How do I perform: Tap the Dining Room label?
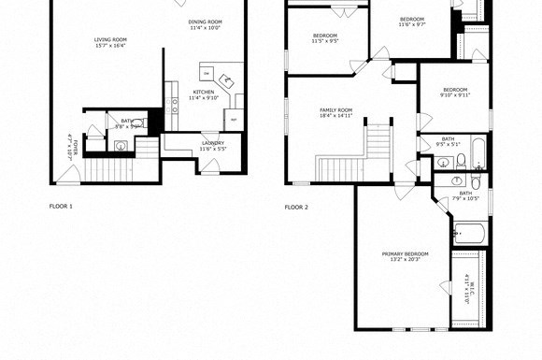click(x=205, y=24)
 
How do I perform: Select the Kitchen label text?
click(x=203, y=94)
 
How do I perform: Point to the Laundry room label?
click(x=213, y=145)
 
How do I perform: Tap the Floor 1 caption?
click(x=61, y=206)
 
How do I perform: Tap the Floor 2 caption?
click(x=296, y=207)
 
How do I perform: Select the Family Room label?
click(x=336, y=113)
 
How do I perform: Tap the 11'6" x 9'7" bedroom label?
click(x=412, y=22)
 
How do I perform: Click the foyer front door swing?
click(x=65, y=175)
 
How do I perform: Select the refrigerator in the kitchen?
click(x=233, y=121)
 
